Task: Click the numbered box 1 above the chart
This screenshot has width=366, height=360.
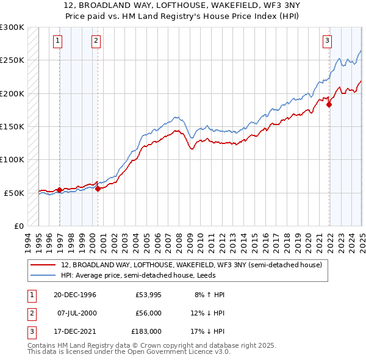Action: tap(57, 41)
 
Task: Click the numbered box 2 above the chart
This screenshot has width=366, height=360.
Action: tap(96, 41)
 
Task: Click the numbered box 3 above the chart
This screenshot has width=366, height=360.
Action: tap(327, 41)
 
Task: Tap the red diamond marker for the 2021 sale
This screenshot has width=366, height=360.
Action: tap(329, 105)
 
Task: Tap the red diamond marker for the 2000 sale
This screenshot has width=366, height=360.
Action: tap(98, 189)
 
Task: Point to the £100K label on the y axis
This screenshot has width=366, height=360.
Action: tap(13, 159)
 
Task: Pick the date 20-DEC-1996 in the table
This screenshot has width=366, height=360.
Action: tap(74, 295)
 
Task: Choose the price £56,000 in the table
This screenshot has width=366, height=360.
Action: tap(148, 314)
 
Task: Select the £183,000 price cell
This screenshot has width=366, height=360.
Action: tap(146, 333)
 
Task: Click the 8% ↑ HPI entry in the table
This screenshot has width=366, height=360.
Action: tap(209, 295)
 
